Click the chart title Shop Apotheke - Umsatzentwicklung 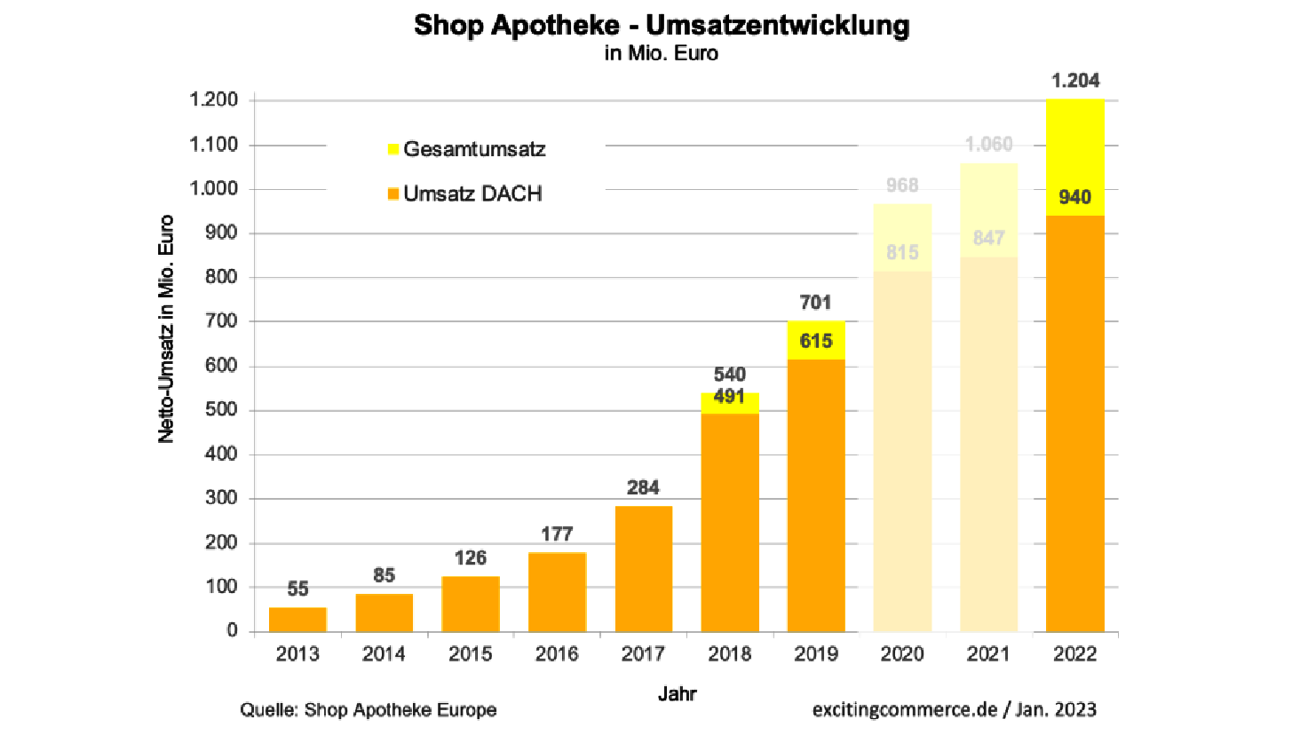(x=662, y=25)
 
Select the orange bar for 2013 (x=297, y=619)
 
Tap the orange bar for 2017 (x=643, y=568)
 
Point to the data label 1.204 (x=1074, y=81)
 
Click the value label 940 (x=1074, y=197)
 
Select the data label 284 (x=643, y=487)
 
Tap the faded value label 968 (x=902, y=186)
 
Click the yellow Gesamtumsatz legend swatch (x=393, y=149)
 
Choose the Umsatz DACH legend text (x=472, y=194)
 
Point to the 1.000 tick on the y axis (x=213, y=188)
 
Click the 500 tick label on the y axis (x=221, y=409)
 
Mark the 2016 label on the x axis (x=557, y=654)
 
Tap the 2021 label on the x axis (x=988, y=654)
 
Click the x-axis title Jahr (x=677, y=693)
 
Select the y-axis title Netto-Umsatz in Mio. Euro (x=166, y=328)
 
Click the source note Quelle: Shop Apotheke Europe (x=368, y=710)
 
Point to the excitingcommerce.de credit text (x=904, y=710)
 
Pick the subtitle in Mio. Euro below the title (x=662, y=53)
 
